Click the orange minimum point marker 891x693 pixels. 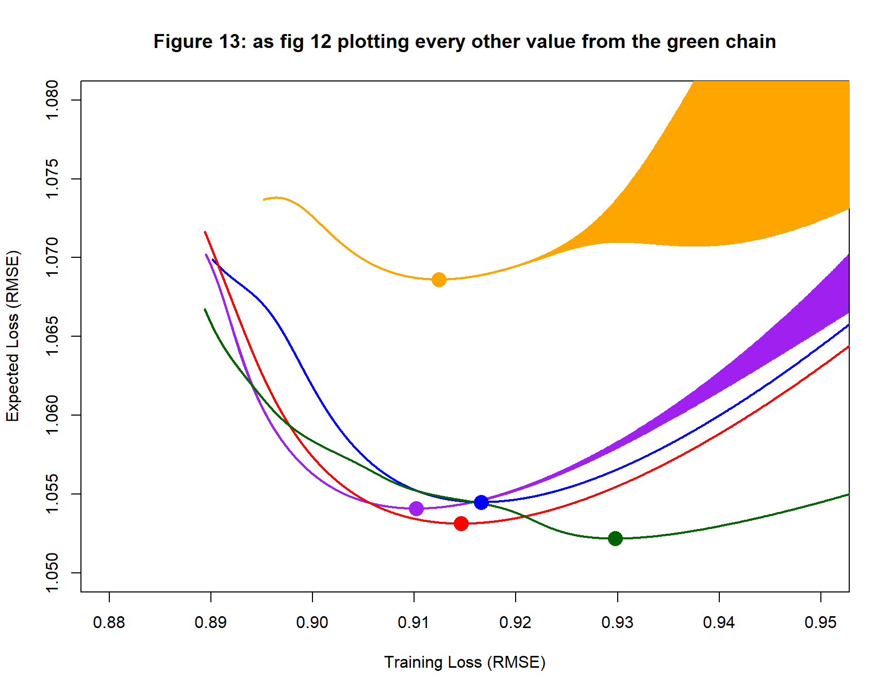point(439,280)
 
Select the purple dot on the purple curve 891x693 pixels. point(416,509)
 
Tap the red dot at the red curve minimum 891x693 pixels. point(461,524)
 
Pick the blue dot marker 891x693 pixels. point(481,502)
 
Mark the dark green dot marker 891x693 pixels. point(615,539)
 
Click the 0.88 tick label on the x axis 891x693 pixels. point(109,623)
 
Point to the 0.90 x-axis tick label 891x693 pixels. point(312,623)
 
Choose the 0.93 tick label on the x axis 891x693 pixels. point(617,623)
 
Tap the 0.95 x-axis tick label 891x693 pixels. point(820,623)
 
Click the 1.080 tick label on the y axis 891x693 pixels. point(52,100)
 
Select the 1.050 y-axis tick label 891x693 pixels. point(52,573)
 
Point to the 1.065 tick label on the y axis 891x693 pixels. point(52,336)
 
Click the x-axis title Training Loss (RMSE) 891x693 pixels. point(465,662)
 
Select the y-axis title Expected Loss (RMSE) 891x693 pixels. point(12,336)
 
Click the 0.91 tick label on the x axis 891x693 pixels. point(414,623)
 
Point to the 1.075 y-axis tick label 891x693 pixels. point(52,179)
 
